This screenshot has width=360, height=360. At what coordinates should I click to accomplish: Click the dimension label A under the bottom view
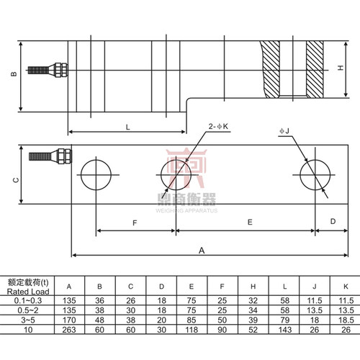(202, 251)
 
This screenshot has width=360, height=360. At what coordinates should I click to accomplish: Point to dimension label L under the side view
(128, 127)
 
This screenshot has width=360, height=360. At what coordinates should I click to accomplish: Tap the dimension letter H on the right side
(341, 68)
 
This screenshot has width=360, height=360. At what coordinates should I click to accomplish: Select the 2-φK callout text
(218, 126)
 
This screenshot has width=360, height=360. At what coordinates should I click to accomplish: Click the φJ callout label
(284, 131)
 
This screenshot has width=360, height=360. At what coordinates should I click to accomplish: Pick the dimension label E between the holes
(250, 222)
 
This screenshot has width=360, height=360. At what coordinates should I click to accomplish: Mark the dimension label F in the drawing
(135, 223)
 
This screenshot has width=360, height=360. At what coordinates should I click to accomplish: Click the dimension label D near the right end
(333, 221)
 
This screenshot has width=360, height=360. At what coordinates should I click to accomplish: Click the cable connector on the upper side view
(48, 70)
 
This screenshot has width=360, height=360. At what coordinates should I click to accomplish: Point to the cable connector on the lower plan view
(50, 156)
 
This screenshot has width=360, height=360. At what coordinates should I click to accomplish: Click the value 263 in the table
(69, 330)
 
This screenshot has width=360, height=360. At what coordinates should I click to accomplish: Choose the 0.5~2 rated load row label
(28, 310)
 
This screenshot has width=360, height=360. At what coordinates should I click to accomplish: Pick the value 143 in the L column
(285, 330)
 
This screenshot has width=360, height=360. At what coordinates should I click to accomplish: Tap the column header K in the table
(346, 287)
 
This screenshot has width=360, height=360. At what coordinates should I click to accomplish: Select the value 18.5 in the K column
(346, 320)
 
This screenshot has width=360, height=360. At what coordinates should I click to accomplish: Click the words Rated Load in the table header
(28, 292)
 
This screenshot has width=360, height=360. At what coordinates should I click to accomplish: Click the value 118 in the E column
(192, 330)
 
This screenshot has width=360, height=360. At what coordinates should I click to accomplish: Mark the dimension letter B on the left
(14, 74)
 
